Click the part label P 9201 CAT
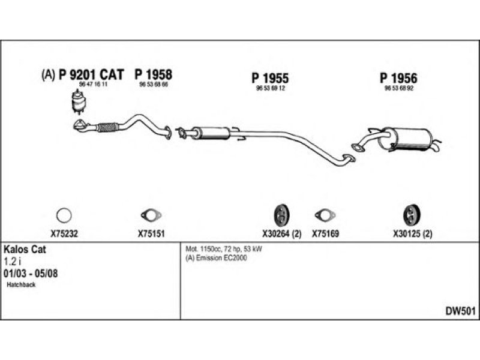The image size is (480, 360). (90, 75)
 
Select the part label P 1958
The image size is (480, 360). (153, 75)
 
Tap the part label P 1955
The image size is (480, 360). (270, 78)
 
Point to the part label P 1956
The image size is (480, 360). (398, 78)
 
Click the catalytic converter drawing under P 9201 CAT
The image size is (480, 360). (78, 102)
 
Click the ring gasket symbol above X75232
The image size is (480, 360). (64, 215)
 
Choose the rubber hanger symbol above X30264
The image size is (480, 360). (281, 214)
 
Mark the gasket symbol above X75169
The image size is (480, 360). (325, 215)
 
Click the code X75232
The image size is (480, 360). (64, 235)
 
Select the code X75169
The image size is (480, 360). (326, 235)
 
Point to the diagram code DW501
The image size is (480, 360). (460, 310)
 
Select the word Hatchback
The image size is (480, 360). (22, 285)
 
